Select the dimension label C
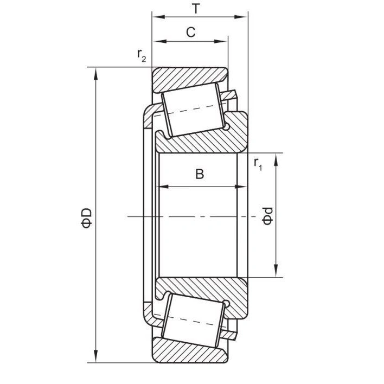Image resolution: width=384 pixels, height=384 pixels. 190,33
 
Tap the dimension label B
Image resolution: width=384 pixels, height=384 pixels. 199,174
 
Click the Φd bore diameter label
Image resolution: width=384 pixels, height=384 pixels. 266,216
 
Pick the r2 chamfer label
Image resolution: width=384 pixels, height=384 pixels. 142,55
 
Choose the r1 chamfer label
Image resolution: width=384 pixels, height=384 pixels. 258,164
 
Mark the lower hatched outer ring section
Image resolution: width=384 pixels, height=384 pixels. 187,352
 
